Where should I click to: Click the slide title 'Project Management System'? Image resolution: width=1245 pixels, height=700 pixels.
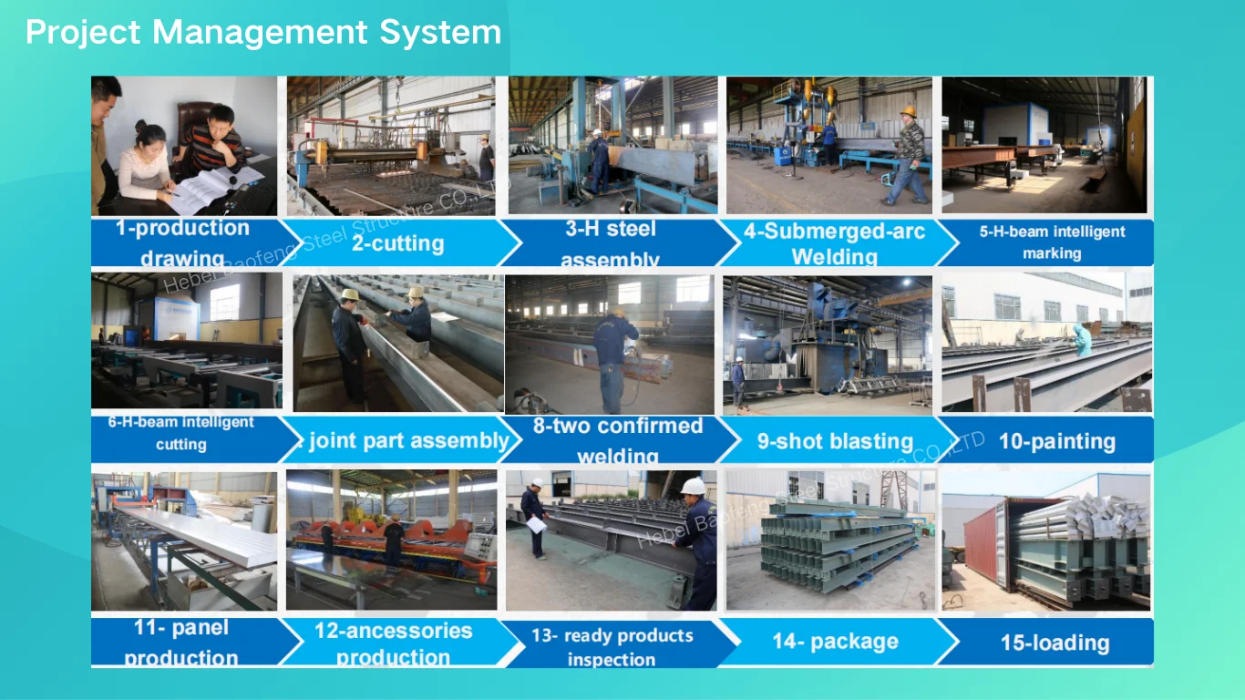tap(263, 33)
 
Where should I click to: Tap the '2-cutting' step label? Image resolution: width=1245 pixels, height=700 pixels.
tap(397, 243)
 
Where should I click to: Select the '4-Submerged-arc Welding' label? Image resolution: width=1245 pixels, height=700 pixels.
tap(834, 243)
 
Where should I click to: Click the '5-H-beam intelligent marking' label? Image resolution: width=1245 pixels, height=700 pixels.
tap(1052, 242)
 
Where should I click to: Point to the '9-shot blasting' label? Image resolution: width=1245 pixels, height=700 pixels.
tap(835, 442)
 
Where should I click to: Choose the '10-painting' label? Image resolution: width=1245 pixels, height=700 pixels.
tap(1056, 442)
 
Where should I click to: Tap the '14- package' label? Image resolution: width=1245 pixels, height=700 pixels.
tap(835, 642)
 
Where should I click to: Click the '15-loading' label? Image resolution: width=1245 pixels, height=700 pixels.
tap(1055, 643)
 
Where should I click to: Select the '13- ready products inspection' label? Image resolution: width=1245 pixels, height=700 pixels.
tap(612, 646)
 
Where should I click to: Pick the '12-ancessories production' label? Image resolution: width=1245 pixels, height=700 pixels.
tap(393, 643)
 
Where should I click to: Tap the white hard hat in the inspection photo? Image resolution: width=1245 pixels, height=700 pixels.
tap(694, 486)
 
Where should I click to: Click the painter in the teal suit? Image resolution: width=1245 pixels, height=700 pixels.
tap(1082, 340)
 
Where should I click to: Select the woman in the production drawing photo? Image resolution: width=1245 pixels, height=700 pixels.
tap(146, 164)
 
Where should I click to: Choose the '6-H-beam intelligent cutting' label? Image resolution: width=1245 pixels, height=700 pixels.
tap(180, 433)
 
